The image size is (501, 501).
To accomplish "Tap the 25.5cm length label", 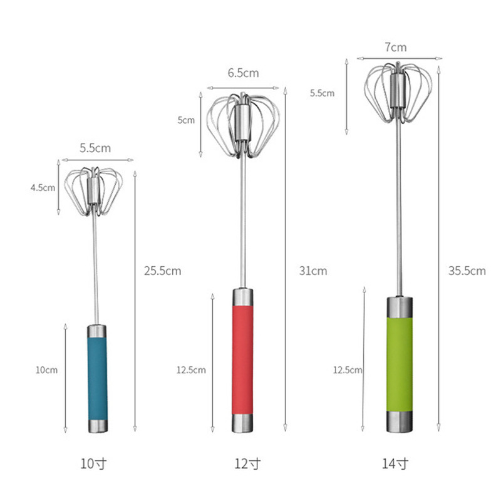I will coord(162,271).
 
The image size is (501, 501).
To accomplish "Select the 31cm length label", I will coord(312,271).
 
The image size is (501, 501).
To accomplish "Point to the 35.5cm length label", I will coord(467,271).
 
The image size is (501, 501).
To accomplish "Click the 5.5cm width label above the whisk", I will coord(95,148).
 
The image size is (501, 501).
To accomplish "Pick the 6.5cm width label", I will coord(243,73).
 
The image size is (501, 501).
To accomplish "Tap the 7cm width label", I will coord(395,47).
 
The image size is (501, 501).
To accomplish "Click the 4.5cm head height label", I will coord(43,187).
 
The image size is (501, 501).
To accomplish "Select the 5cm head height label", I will coord(186,120).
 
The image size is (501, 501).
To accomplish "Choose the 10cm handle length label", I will coord(46,370).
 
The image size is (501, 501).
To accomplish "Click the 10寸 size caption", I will coord(95,464).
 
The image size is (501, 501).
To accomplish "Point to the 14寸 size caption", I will coord(395,464).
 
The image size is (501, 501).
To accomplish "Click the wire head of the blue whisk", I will coord(95,189).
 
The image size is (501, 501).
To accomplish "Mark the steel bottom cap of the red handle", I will coord(243,423).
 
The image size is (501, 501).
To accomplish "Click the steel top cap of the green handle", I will coord(399,307).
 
